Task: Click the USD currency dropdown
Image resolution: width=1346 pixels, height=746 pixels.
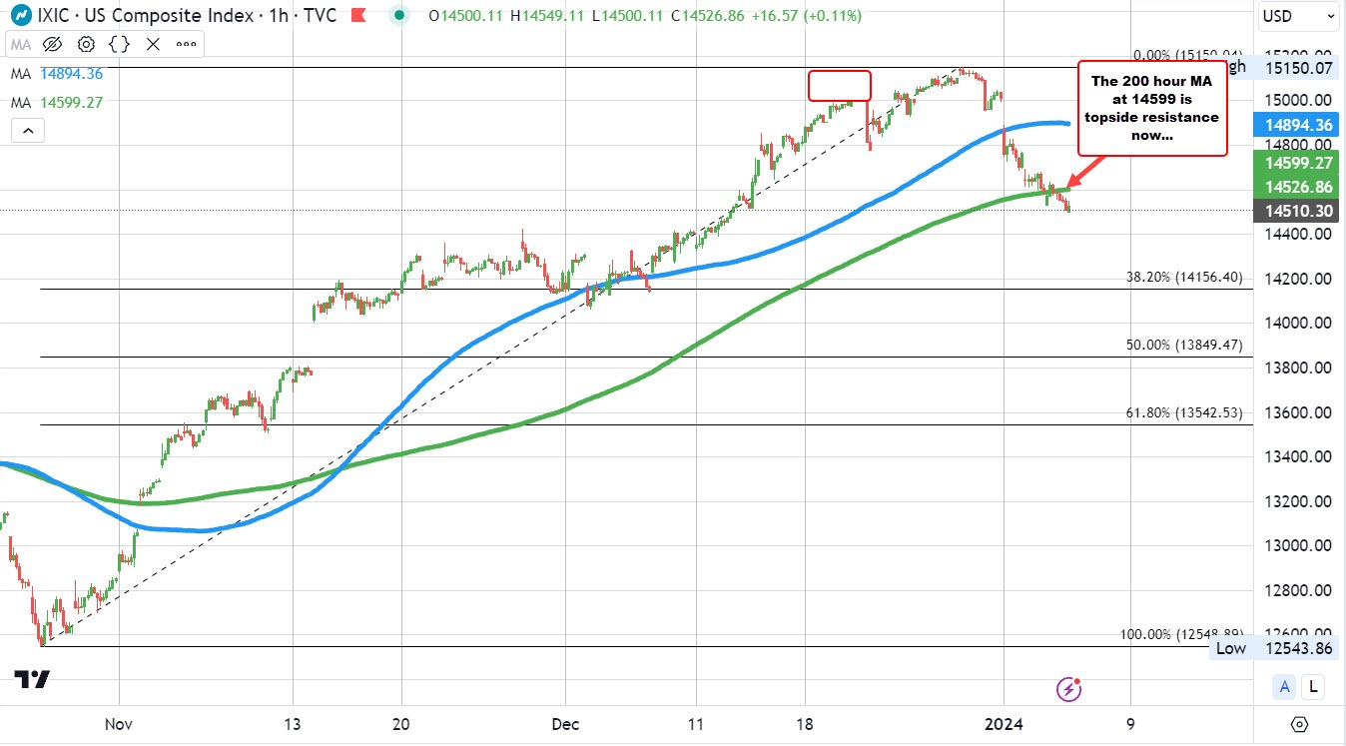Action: [x=1299, y=16]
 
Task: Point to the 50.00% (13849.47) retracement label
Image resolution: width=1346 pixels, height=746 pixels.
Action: [x=1184, y=345]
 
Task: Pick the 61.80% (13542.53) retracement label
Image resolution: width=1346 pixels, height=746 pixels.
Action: [x=1184, y=412]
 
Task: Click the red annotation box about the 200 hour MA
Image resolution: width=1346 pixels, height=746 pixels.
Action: [x=1151, y=108]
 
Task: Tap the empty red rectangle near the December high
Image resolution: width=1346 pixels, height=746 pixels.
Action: [x=839, y=86]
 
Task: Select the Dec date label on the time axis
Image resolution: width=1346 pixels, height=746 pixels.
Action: [x=565, y=724]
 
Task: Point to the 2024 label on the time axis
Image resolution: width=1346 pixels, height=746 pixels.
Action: [x=1003, y=724]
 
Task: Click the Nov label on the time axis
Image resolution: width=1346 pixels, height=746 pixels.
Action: [x=119, y=724]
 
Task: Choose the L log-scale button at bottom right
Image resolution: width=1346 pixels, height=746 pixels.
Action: [x=1313, y=686]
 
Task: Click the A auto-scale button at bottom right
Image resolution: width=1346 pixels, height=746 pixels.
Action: [x=1285, y=686]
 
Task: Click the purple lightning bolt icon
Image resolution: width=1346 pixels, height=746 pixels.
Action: [x=1069, y=688]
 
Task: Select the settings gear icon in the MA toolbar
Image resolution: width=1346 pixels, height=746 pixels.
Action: [x=86, y=44]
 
